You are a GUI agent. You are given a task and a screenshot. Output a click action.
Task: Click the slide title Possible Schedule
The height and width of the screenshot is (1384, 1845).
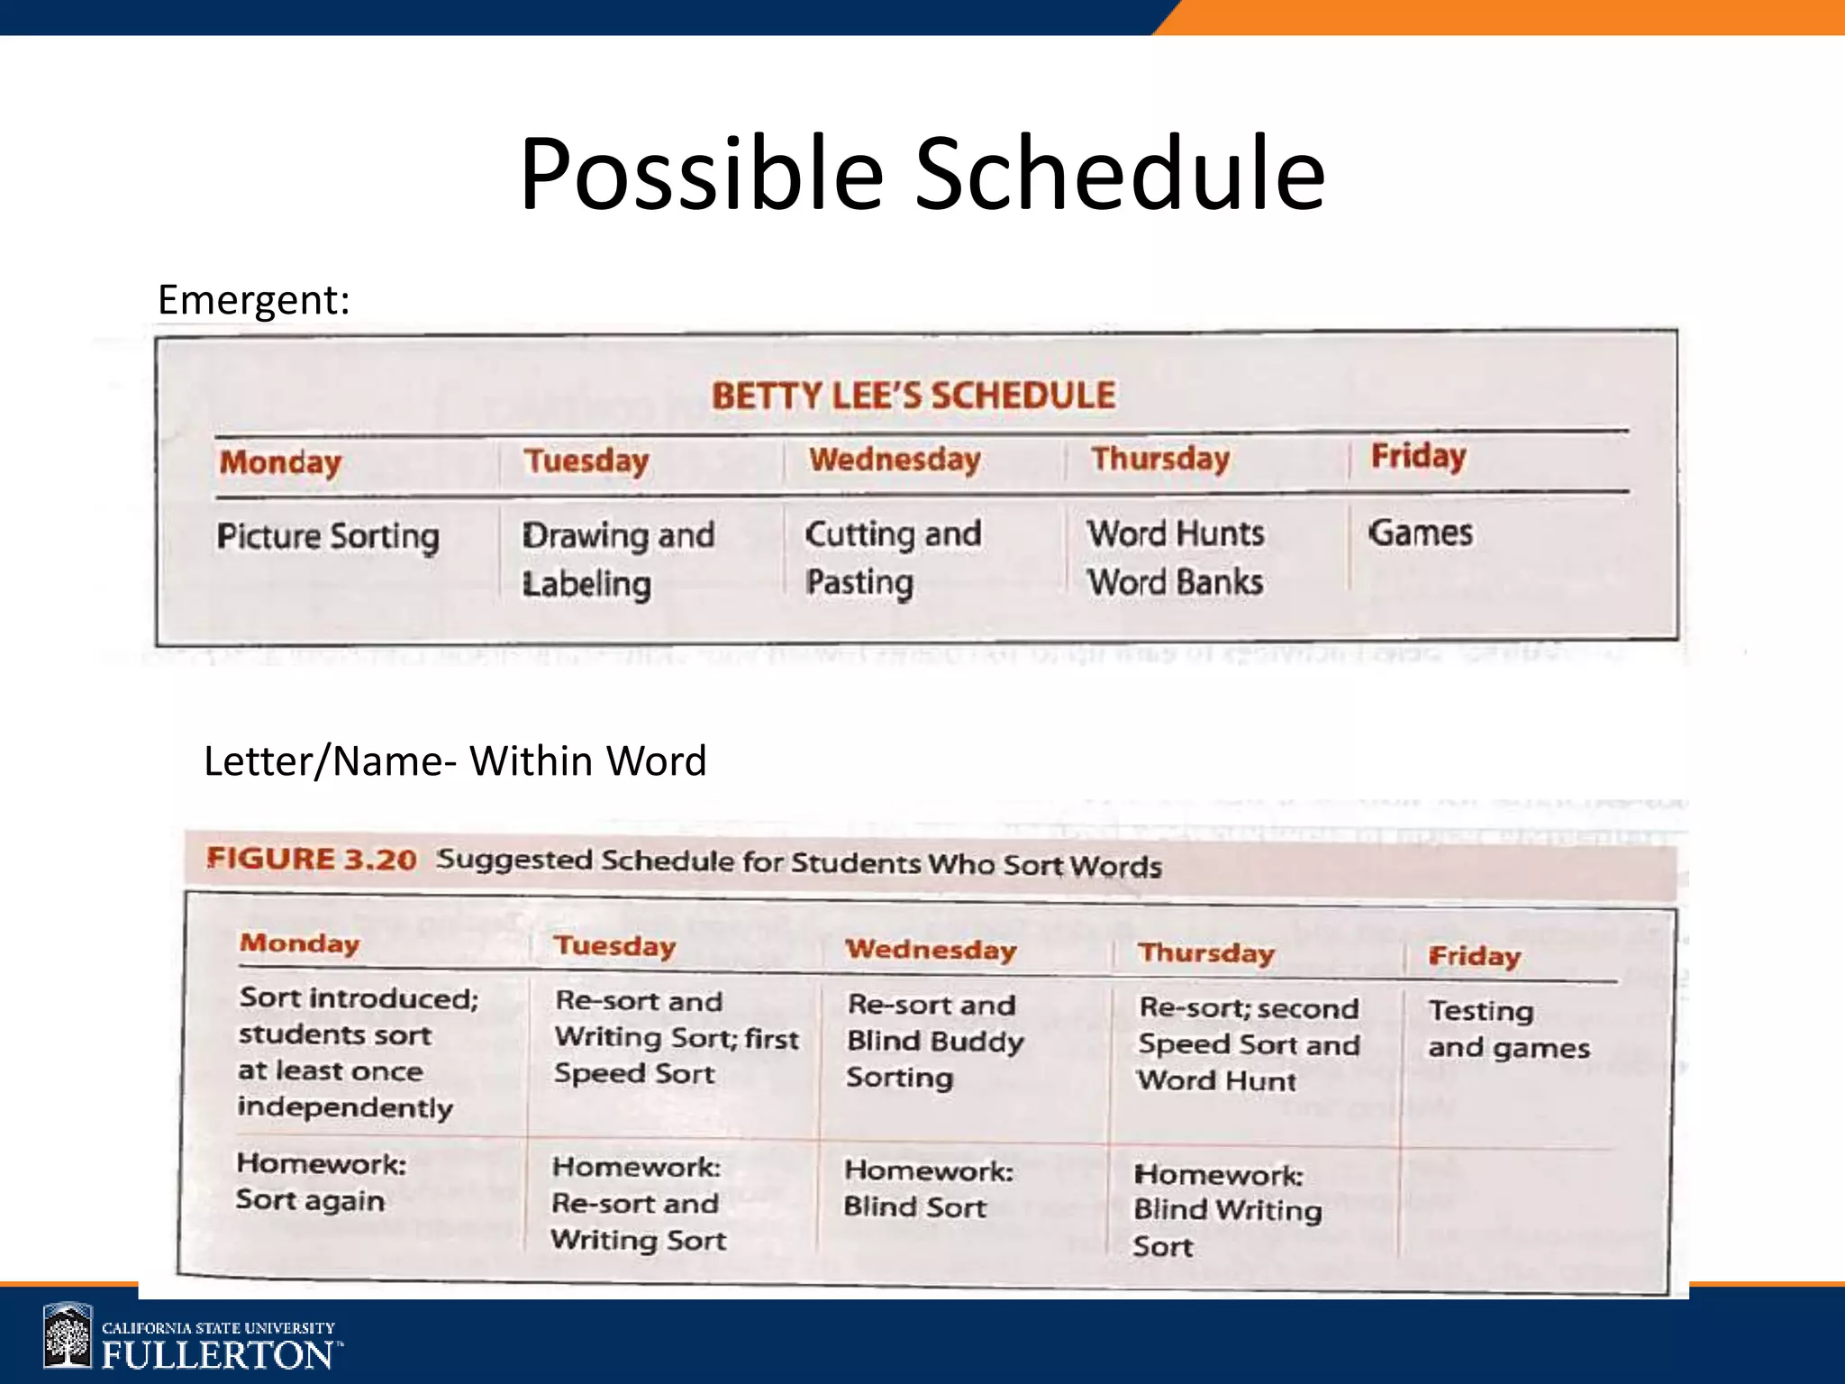(x=922, y=173)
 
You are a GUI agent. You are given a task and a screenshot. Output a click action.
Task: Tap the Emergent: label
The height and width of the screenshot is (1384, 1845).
(x=253, y=300)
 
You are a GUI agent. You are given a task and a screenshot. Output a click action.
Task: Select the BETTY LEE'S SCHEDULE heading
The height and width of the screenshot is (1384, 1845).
(x=913, y=396)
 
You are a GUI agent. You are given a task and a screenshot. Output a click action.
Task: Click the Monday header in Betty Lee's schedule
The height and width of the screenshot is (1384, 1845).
(x=280, y=462)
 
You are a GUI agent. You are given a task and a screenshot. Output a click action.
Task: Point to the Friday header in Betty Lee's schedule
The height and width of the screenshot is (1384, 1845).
(x=1418, y=456)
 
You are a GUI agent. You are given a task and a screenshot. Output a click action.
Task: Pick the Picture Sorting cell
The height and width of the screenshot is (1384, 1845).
(x=328, y=536)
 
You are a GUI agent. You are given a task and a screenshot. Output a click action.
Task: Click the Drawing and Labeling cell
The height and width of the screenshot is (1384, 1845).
(x=618, y=559)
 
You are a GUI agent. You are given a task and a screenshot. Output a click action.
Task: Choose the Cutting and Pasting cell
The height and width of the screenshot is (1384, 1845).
(x=892, y=558)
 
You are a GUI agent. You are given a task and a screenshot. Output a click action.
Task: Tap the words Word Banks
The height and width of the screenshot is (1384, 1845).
(x=1175, y=583)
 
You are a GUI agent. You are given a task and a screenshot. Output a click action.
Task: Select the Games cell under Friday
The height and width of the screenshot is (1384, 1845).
(x=1421, y=533)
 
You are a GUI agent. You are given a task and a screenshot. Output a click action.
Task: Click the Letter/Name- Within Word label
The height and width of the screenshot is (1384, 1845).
(x=455, y=761)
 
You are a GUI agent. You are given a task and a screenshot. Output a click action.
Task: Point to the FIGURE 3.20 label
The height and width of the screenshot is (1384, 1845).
(x=312, y=859)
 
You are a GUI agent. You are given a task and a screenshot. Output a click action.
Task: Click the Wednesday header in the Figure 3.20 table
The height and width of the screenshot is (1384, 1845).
(x=931, y=950)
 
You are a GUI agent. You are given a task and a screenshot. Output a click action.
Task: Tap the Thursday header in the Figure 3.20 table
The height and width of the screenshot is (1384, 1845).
(x=1206, y=953)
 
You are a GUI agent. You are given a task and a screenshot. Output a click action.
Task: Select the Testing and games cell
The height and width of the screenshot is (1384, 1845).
(x=1508, y=1029)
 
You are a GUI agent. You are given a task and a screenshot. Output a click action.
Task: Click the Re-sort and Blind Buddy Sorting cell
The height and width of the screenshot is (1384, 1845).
(x=934, y=1041)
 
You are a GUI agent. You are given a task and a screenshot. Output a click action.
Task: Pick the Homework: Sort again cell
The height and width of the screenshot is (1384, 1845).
(x=321, y=1181)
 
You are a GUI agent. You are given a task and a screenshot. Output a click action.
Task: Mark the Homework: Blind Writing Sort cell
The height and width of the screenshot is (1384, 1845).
(x=1227, y=1210)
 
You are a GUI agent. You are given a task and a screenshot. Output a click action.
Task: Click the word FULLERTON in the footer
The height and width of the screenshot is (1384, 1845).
(x=217, y=1354)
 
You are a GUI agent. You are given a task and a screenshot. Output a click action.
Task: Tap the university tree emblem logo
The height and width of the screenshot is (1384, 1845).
(x=68, y=1336)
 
